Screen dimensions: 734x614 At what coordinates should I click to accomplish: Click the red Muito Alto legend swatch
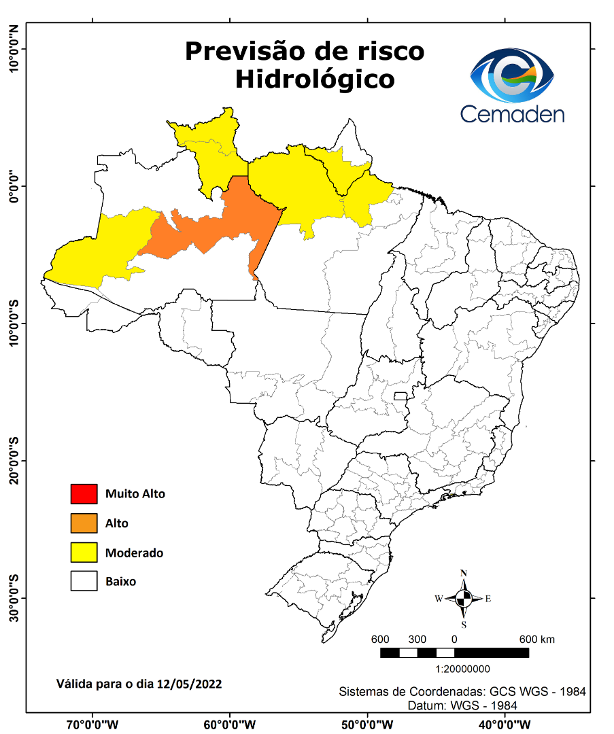tap(84, 493)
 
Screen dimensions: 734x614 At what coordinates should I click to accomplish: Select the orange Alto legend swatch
tap(84, 523)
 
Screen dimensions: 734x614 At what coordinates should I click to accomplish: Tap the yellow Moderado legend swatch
tap(84, 553)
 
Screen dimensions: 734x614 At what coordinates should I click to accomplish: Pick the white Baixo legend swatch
tap(84, 582)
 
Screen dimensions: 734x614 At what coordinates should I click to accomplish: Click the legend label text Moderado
tap(134, 553)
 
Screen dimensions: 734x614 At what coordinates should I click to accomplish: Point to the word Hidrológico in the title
tap(315, 79)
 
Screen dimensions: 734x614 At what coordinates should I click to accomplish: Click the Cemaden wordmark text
tap(512, 113)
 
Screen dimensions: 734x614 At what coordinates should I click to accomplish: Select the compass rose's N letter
tap(464, 573)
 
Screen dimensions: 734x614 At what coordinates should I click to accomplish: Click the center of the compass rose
tap(464, 599)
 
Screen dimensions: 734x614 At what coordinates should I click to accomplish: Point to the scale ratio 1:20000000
tap(454, 669)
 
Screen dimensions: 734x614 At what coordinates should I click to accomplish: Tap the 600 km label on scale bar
tap(537, 640)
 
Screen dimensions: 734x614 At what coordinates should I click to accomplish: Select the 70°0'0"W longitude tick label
tap(92, 724)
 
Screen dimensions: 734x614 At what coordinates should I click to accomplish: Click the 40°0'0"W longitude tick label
tap(505, 724)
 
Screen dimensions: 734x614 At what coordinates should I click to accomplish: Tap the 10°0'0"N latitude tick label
tap(14, 49)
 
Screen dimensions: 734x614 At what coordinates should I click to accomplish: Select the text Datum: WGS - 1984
tap(462, 705)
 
